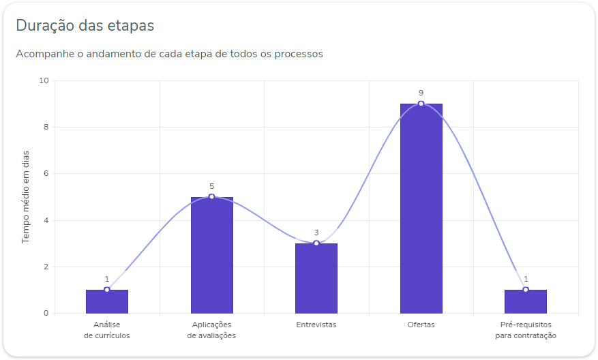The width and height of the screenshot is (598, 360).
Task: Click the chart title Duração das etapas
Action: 85,26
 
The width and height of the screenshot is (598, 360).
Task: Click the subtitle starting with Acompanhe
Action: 169,54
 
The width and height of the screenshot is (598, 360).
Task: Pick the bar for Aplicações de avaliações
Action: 211,255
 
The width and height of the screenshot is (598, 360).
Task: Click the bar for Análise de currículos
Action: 107,301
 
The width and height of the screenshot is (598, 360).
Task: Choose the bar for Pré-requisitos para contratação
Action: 526,301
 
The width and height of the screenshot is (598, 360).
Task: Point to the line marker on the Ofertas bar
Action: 421,104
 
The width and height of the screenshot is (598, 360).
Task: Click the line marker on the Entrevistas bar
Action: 316,243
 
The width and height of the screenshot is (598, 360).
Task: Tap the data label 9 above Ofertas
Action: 421,93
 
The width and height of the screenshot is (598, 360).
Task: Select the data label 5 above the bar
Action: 211,186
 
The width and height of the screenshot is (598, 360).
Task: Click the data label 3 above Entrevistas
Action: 316,232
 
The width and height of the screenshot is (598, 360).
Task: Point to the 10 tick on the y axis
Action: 44,80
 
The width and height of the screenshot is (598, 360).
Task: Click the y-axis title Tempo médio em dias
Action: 26,198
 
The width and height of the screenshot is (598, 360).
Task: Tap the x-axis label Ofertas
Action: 421,325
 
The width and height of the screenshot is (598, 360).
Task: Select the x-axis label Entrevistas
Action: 316,325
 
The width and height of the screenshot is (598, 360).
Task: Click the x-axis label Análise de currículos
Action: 107,330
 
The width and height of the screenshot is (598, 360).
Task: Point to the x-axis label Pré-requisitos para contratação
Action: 526,330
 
